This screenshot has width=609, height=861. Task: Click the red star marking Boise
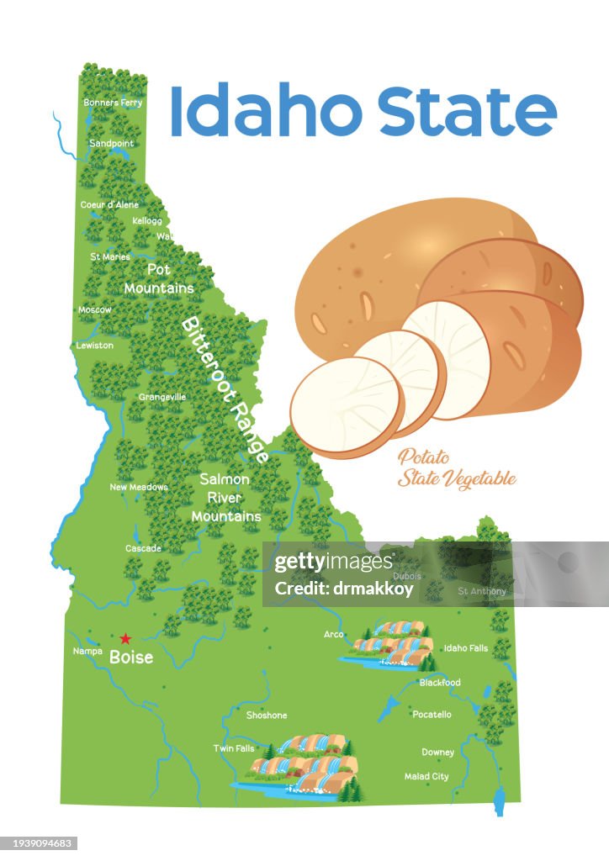[125, 639]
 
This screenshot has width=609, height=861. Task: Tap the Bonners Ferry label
[113, 103]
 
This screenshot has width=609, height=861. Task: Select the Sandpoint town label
[111, 144]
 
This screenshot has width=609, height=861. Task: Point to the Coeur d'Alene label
[109, 205]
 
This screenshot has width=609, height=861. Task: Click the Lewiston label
[94, 346]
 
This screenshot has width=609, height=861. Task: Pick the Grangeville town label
[162, 397]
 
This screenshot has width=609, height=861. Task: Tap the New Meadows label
[139, 487]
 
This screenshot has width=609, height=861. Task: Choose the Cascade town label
[143, 548]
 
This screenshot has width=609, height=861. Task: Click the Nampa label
[87, 651]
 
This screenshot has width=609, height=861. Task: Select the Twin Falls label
[234, 748]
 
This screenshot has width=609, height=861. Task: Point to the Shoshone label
[267, 716]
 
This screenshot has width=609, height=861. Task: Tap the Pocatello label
[432, 715]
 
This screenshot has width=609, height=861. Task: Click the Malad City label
[426, 776]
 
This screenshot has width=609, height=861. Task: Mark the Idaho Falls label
[465, 648]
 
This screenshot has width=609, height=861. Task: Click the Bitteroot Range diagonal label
[225, 388]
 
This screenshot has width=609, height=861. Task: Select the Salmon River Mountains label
[225, 497]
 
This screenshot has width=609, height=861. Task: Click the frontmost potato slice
[346, 407]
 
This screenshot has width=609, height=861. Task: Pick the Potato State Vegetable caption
[456, 469]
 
